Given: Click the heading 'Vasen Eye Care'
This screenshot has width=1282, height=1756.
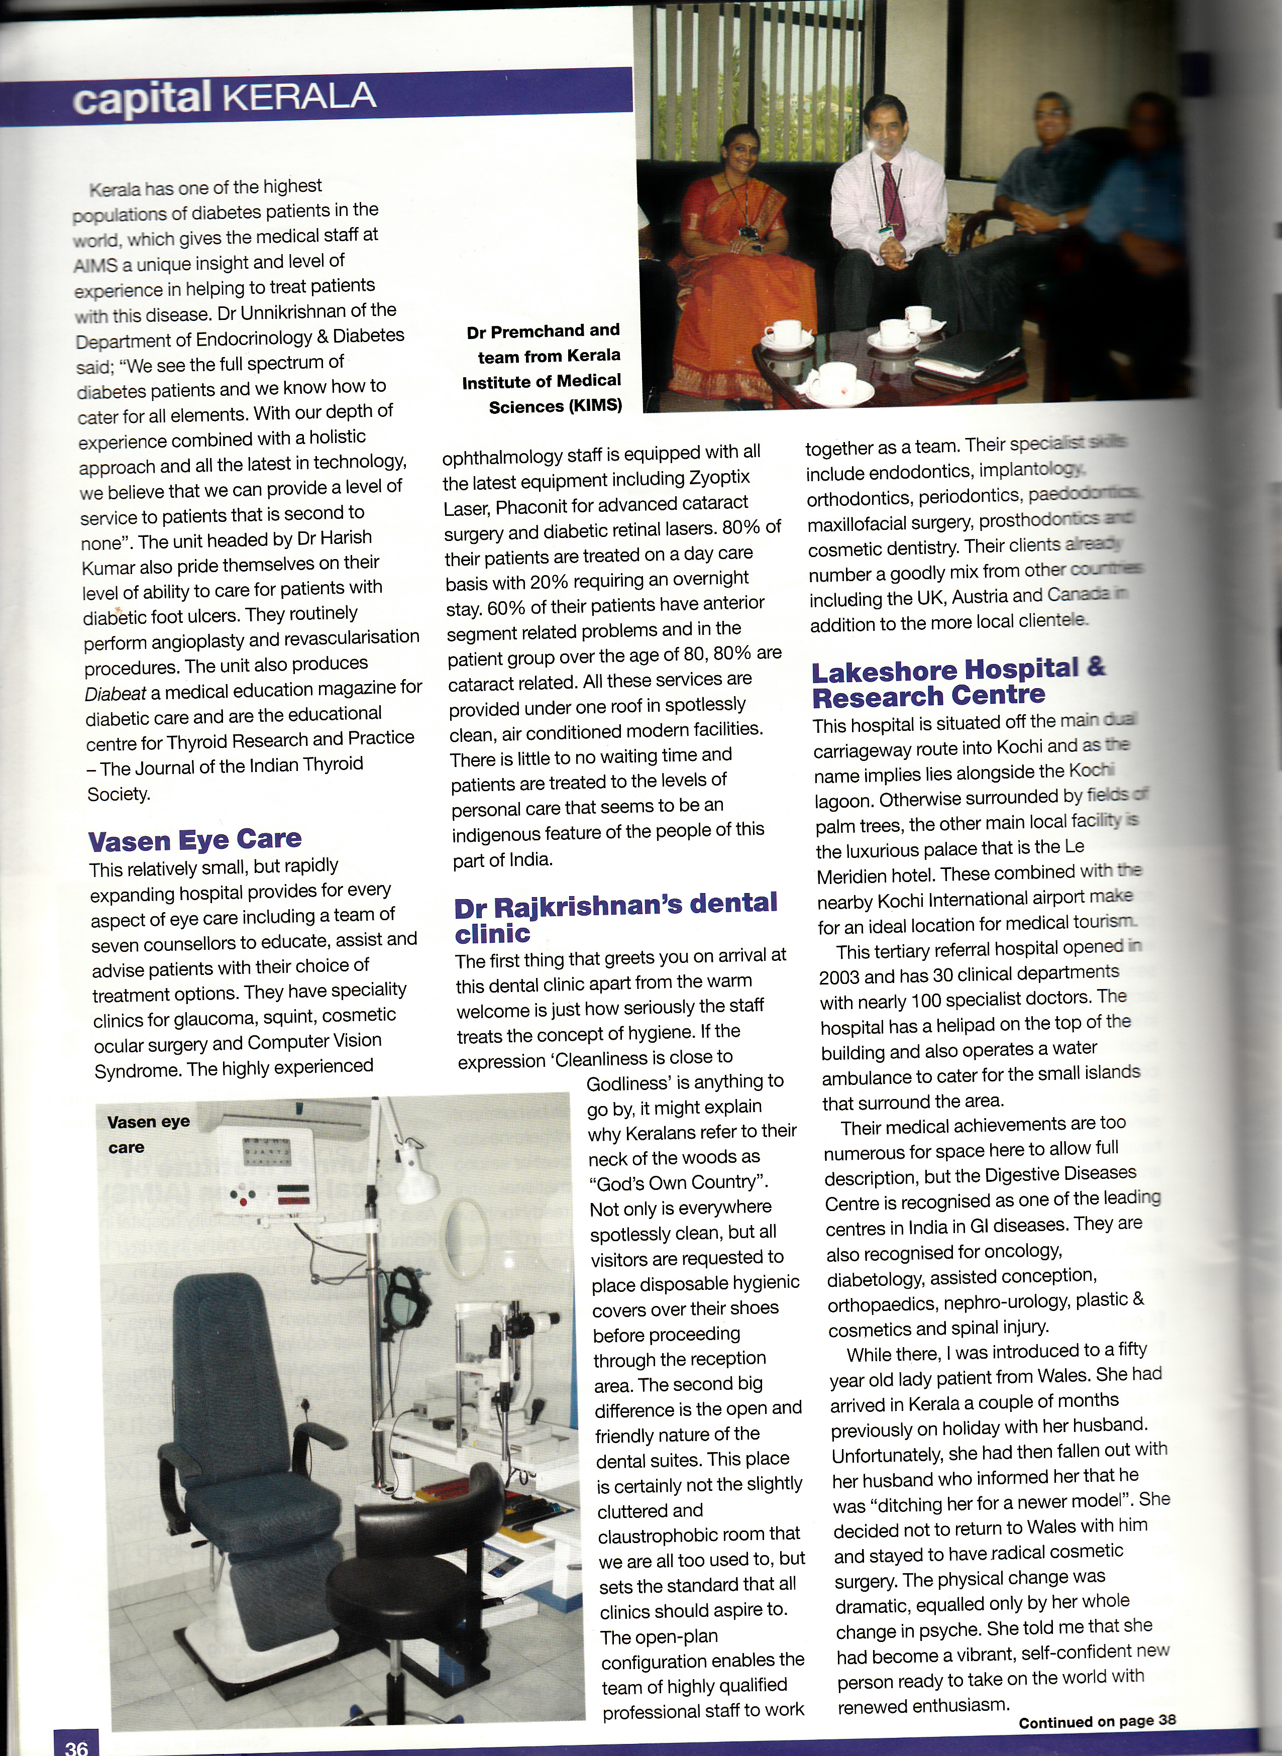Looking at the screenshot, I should tap(195, 840).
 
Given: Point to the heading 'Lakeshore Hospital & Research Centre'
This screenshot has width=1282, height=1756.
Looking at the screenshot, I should tap(959, 681).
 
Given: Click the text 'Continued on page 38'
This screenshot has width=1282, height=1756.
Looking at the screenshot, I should tap(1097, 1721).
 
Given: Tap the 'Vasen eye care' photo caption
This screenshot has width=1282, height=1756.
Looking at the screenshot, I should tap(148, 1134).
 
